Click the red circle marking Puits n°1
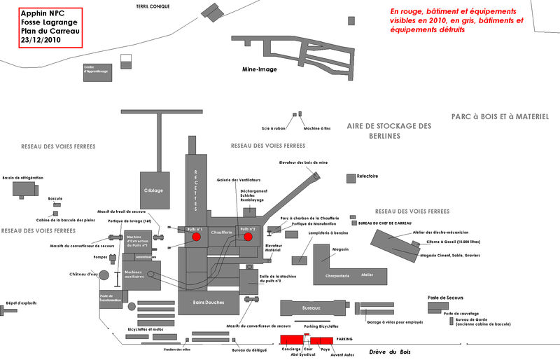(x=197, y=237)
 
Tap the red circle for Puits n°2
(x=248, y=237)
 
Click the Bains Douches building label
(x=209, y=303)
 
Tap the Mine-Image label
(x=260, y=69)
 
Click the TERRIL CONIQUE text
(x=153, y=6)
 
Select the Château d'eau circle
(x=104, y=275)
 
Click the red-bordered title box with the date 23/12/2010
(x=41, y=27)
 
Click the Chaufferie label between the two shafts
(x=222, y=232)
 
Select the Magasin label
(x=341, y=249)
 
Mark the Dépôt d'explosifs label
(x=21, y=303)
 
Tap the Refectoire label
(x=367, y=176)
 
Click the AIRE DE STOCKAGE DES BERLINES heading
(x=389, y=130)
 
